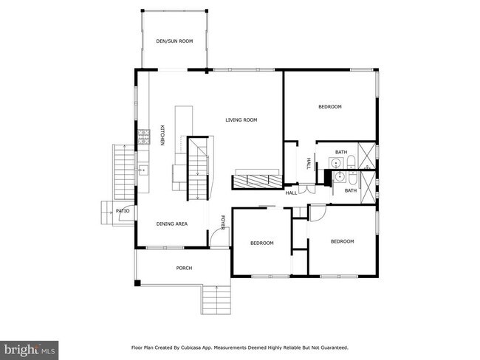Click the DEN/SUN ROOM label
tap(174, 41)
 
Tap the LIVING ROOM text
tap(241, 120)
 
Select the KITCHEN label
tap(162, 135)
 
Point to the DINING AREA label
tap(172, 224)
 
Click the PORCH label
tap(184, 269)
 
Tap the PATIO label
tap(123, 211)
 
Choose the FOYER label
tap(223, 223)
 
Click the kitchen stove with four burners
tap(143, 136)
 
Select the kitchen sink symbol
tap(143, 170)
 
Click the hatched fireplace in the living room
tap(256, 181)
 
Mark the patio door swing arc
tap(124, 212)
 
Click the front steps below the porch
tap(216, 300)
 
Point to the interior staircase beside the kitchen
tap(198, 169)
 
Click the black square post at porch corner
tap(138, 283)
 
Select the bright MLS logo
tap(29, 350)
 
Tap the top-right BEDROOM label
tap(330, 107)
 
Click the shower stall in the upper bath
tap(367, 156)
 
